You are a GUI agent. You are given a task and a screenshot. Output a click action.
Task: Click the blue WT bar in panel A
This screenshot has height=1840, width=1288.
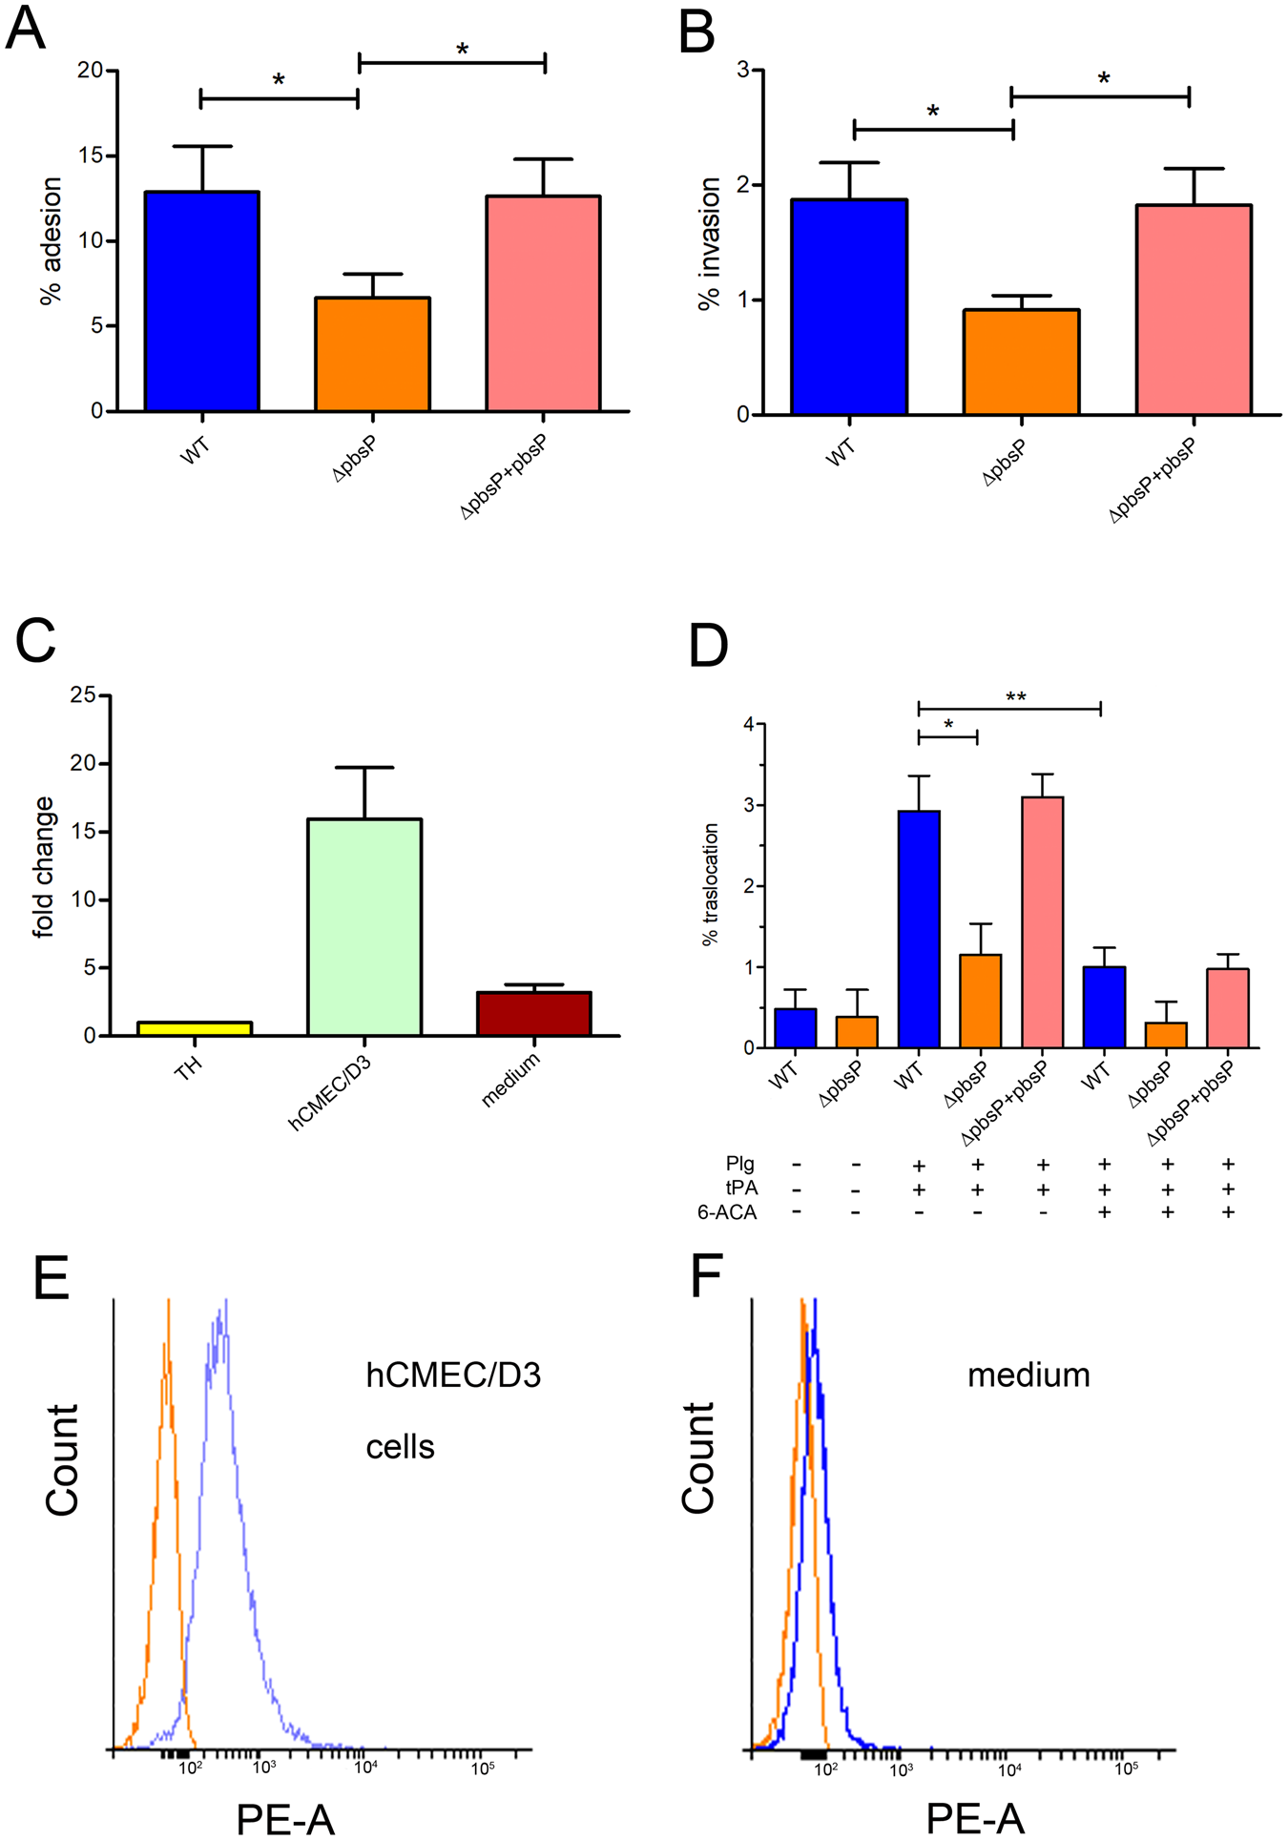coord(201,301)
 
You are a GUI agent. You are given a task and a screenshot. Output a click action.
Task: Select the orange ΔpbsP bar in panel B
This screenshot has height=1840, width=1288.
coord(1021,362)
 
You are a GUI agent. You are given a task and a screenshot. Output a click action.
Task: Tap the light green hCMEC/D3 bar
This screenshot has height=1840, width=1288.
coord(364,926)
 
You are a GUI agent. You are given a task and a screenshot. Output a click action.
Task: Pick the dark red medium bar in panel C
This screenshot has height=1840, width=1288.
coord(534,1014)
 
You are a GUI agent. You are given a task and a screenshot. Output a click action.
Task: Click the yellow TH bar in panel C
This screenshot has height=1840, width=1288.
coord(195,1028)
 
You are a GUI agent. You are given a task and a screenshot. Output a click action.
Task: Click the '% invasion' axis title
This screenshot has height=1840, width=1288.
coord(709,244)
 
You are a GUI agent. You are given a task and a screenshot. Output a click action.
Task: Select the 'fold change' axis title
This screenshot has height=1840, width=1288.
coord(44,868)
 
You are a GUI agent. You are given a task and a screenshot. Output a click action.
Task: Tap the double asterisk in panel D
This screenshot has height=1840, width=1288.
coord(1015,698)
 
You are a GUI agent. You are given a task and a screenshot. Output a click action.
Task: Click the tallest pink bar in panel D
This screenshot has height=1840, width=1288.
coord(1042,921)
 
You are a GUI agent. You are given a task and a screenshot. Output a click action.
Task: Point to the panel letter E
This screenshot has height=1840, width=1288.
coord(52,1277)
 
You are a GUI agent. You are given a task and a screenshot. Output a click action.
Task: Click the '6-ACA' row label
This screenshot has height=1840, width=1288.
coord(727,1212)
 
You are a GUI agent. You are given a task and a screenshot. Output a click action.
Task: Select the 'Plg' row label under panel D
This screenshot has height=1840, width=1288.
coord(739,1164)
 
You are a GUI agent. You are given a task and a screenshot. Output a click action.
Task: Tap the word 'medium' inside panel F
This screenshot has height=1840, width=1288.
coord(1028,1375)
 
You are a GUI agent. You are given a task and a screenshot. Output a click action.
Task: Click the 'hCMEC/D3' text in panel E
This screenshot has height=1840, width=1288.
coord(453,1375)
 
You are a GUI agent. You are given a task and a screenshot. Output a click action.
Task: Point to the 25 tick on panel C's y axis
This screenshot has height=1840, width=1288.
coord(83,695)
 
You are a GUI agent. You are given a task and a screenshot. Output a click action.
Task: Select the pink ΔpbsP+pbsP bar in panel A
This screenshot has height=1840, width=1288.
coord(543,303)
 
